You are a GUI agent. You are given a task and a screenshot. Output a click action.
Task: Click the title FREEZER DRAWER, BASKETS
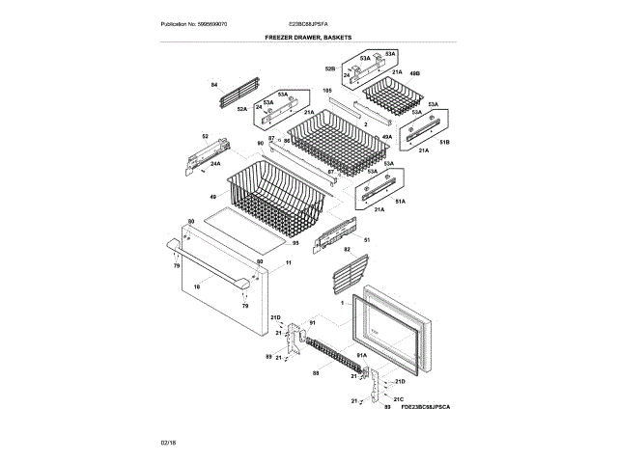pos(308,37)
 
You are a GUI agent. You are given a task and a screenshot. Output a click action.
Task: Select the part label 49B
pos(414,73)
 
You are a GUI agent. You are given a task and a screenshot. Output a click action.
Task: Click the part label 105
pos(326,90)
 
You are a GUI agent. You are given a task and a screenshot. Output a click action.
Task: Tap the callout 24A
pos(215,163)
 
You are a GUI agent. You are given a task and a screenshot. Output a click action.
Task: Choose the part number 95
pos(295,243)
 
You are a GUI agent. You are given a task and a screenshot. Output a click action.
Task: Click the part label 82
pos(346,249)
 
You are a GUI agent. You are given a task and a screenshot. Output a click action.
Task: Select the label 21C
pos(398,397)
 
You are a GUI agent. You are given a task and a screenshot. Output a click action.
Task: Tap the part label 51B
pos(445,142)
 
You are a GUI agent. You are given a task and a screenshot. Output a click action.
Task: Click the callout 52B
pos(329,69)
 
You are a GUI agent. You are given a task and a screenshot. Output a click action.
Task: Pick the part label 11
pos(288,262)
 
